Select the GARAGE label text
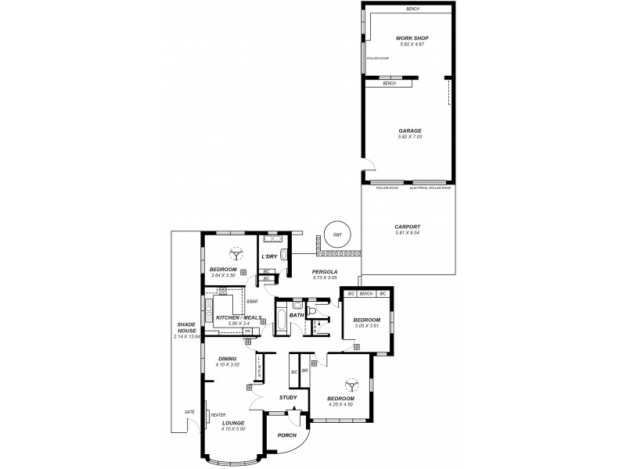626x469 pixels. click(x=410, y=131)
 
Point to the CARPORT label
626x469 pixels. click(x=408, y=227)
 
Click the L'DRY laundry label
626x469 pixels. click(x=268, y=256)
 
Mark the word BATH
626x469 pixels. click(x=297, y=316)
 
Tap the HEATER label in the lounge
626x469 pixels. click(x=218, y=415)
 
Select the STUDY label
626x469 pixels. click(x=287, y=398)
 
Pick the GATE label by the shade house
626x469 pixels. click(x=189, y=412)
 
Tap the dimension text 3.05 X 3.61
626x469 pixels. click(x=365, y=327)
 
